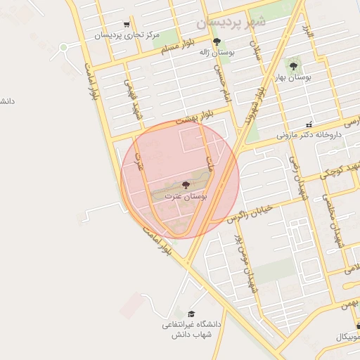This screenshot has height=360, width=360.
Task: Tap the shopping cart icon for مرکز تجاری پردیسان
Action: tap(127, 24)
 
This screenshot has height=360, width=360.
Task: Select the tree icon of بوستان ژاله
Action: tap(226, 41)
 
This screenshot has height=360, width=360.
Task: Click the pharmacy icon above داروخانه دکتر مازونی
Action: tap(309, 124)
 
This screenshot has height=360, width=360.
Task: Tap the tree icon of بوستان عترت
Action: tap(186, 185)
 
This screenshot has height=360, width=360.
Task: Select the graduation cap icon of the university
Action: tap(191, 314)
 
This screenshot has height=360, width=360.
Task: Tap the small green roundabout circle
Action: tap(63, 47)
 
